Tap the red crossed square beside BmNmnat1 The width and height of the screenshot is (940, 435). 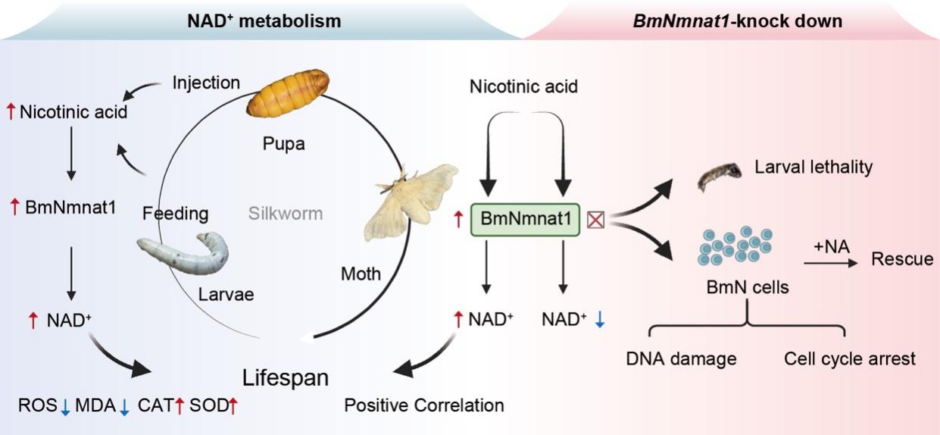(x=596, y=220)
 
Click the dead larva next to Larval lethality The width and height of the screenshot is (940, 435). (x=718, y=179)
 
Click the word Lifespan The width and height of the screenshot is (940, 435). (x=286, y=377)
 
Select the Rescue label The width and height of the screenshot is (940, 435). (x=902, y=259)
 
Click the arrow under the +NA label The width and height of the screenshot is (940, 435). (x=830, y=262)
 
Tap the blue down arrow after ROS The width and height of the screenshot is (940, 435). (x=66, y=406)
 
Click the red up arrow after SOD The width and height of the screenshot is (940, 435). (x=233, y=406)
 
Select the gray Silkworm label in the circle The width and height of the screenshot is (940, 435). (x=286, y=214)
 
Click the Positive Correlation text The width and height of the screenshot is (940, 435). (x=424, y=405)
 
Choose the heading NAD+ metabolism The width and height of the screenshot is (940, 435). (x=264, y=20)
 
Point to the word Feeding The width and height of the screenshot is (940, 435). (x=176, y=214)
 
